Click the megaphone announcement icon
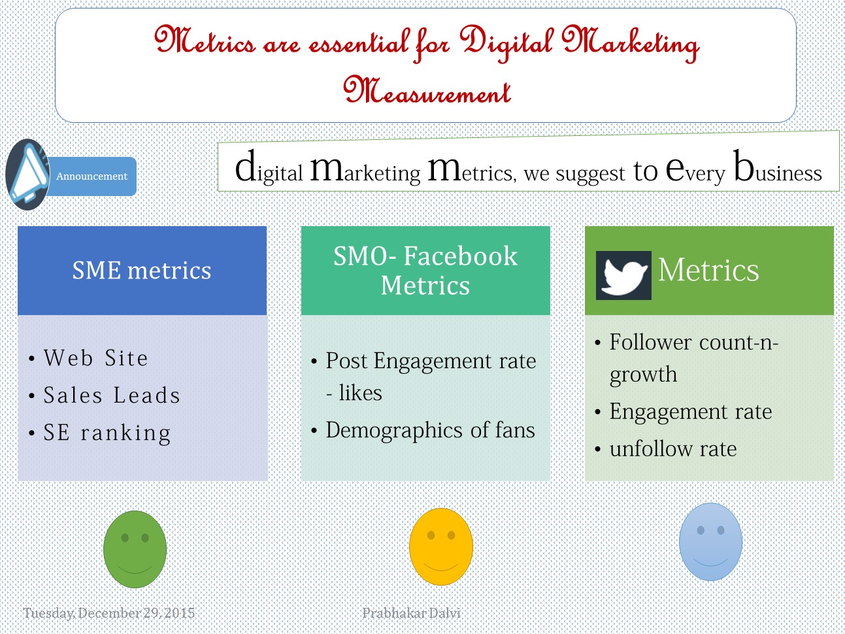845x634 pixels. click(x=27, y=175)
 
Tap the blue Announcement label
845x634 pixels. click(x=91, y=176)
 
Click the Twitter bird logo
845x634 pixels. click(x=623, y=275)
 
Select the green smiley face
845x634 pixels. click(x=135, y=549)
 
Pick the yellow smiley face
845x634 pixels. click(x=440, y=546)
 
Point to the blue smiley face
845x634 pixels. click(x=710, y=542)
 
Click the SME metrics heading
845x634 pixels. click(x=142, y=271)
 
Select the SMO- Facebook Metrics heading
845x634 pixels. click(x=425, y=271)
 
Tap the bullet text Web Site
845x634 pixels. click(x=96, y=358)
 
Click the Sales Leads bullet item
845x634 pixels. click(x=112, y=395)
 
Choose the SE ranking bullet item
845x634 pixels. click(x=107, y=433)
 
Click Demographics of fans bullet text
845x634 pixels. click(x=430, y=430)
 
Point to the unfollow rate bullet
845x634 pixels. click(x=672, y=449)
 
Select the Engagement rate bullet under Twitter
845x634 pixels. click(x=691, y=412)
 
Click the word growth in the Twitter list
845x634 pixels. click(x=643, y=375)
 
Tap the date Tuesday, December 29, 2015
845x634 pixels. click(x=109, y=613)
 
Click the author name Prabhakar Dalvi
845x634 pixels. click(x=411, y=613)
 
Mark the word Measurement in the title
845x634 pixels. click(x=427, y=91)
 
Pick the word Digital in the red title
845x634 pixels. click(x=506, y=43)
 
